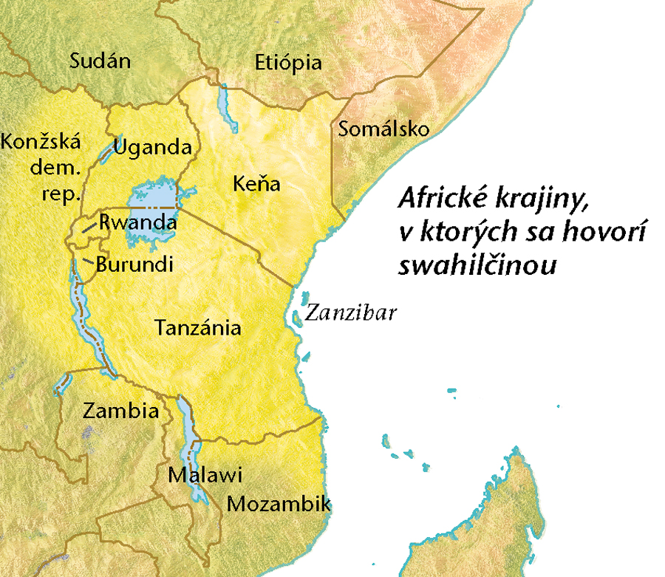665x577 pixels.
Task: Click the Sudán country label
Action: pos(100,61)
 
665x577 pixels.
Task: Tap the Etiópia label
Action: pos(287,62)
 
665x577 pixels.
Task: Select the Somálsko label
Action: pos(383,129)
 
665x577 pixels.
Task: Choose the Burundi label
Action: pos(134,264)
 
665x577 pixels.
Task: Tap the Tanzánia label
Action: pos(198,327)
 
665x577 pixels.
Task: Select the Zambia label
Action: pos(121,411)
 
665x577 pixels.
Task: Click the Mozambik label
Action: pos(278,505)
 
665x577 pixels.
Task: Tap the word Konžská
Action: pos(41,141)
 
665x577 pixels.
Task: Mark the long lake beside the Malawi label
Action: pos(191,443)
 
